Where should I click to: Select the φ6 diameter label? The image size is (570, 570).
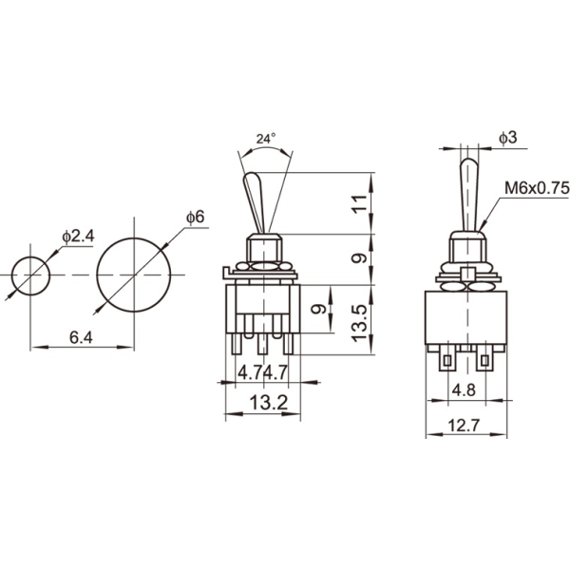click(x=194, y=218)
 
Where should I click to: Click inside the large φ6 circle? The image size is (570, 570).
click(x=134, y=275)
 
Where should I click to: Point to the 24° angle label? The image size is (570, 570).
click(x=267, y=139)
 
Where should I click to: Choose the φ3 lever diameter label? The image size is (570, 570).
click(x=508, y=139)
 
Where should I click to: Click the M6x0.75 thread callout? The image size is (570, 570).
click(x=538, y=189)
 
